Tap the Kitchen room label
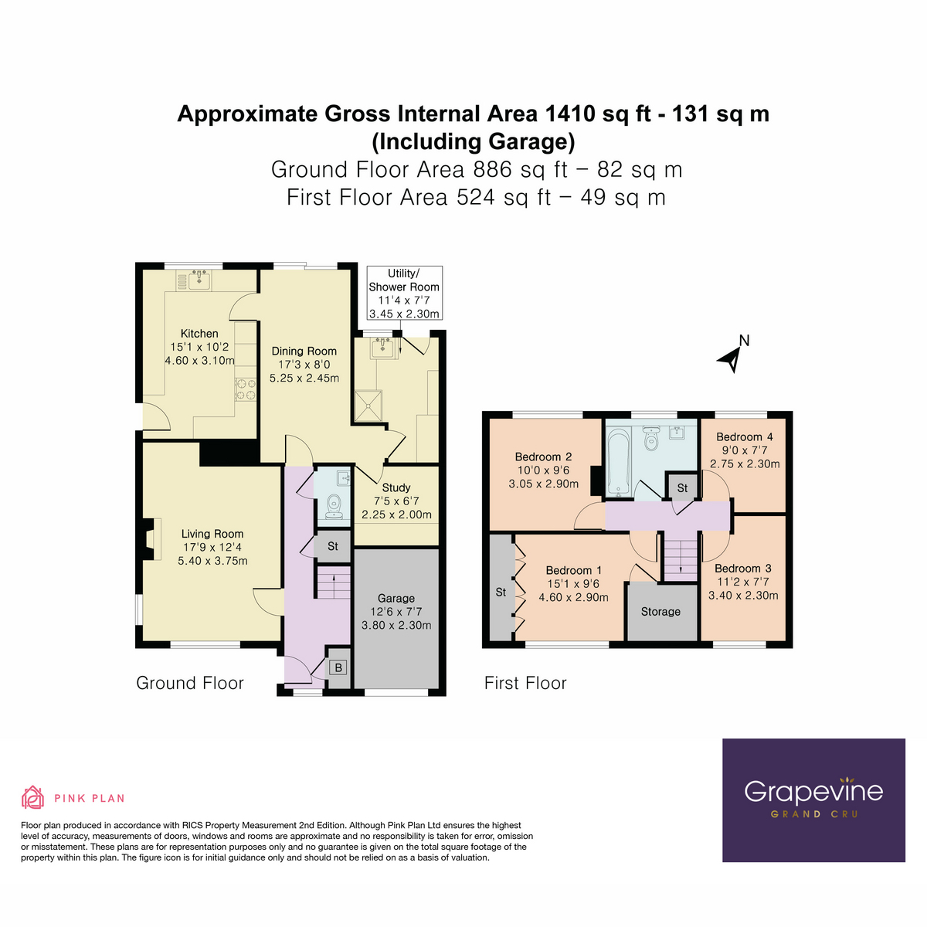199,334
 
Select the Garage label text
396,598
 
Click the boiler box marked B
338,667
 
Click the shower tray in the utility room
368,405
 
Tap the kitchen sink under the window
199,279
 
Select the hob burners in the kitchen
246,389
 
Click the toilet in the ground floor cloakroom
334,505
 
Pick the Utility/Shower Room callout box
404,294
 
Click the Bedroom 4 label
744,436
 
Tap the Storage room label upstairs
660,612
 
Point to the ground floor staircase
333,582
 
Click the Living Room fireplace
149,538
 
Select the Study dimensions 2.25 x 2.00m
396,514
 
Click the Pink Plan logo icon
32,797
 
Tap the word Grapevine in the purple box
813,791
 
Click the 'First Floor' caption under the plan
525,683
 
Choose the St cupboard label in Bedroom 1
501,592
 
